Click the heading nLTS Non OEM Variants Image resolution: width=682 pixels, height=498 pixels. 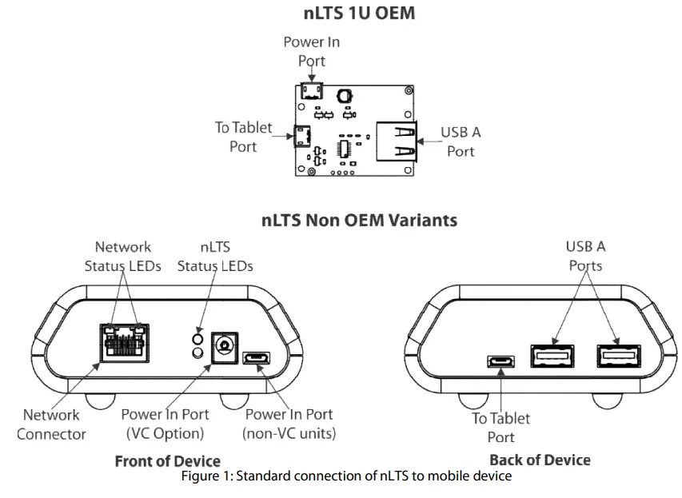[359, 221]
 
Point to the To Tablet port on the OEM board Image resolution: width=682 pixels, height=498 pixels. [301, 137]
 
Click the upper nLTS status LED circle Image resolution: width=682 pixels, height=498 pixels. [195, 337]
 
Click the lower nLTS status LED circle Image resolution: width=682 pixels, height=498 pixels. [195, 353]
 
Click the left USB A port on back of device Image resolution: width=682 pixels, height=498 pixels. [552, 355]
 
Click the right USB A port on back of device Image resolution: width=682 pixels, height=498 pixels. [618, 355]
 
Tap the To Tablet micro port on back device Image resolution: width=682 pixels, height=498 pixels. [501, 361]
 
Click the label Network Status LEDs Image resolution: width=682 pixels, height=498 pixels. [122, 256]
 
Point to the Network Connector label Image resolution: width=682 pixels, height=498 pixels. [51, 424]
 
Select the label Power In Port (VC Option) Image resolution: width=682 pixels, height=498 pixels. [165, 424]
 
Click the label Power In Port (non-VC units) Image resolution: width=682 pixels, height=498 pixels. [289, 424]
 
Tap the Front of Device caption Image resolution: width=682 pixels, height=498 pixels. [167, 460]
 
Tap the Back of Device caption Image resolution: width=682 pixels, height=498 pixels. [540, 460]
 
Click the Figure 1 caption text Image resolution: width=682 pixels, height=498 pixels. [345, 476]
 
